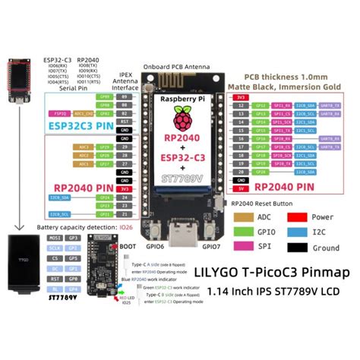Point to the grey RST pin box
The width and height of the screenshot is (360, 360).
point(125,120)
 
